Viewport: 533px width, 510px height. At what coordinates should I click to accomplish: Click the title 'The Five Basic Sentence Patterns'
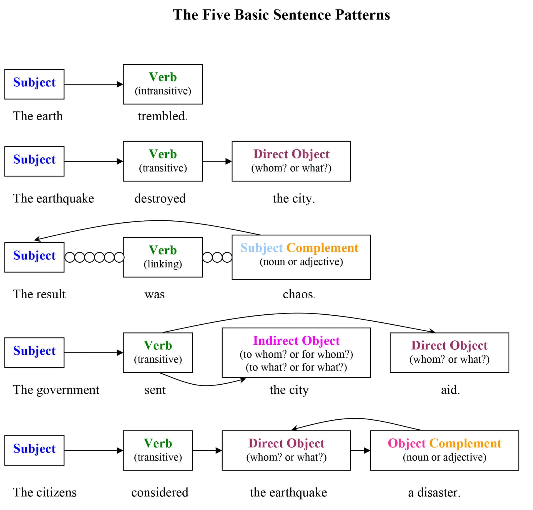coord(281,15)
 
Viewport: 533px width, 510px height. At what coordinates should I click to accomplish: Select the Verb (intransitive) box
coord(163,84)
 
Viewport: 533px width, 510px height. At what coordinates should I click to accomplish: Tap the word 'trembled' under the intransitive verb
coord(162,116)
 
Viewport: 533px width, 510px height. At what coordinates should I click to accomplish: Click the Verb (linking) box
coord(163,257)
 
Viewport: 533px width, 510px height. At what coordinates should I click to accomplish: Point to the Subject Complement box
coord(301,257)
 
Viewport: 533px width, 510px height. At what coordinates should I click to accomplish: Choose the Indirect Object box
coord(296,352)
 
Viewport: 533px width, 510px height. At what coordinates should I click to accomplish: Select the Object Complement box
coord(444,450)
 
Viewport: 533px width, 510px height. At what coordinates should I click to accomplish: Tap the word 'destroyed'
coord(160,198)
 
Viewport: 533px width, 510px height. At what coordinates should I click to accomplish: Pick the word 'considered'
coord(160,492)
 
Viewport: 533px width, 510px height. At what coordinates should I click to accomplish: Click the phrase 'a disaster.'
coord(434,492)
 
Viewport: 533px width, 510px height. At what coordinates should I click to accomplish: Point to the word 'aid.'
coord(450,390)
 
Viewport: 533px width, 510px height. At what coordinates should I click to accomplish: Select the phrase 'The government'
coord(56,390)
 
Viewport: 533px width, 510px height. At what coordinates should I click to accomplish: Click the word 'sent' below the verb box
coord(155,390)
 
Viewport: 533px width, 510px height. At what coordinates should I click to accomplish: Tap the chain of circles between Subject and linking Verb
coord(94,257)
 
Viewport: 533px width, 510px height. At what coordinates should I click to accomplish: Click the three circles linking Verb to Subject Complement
coord(217,257)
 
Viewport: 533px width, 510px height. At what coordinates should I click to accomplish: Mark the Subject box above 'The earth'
coord(34,84)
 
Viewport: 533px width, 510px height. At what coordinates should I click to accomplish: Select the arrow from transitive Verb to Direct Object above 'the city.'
coord(217,161)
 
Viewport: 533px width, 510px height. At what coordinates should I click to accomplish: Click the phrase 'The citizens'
coord(44,492)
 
